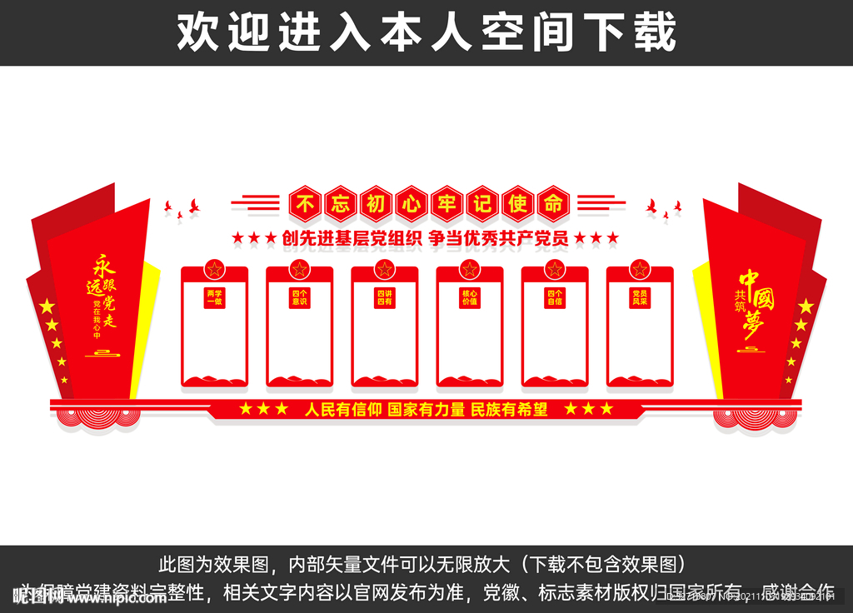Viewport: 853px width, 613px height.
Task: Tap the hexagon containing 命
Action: [x=551, y=202]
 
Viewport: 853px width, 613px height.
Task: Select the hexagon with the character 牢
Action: [x=446, y=202]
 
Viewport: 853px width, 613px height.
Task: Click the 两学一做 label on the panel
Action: [x=215, y=297]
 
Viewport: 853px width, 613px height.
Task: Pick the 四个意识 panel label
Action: [x=300, y=297]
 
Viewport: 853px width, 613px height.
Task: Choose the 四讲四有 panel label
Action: [x=385, y=297]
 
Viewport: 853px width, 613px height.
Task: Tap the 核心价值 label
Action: [x=470, y=297]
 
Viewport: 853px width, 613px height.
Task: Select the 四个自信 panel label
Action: [x=555, y=297]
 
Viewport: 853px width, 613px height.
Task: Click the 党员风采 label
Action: [x=640, y=297]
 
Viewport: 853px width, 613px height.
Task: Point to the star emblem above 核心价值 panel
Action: [x=470, y=269]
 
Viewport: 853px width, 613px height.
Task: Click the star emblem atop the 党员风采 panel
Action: [x=640, y=269]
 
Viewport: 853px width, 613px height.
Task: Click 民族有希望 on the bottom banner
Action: [x=509, y=409]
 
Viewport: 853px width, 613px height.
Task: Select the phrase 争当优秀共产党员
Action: [x=498, y=238]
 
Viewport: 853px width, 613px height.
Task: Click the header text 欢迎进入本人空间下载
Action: [x=426, y=32]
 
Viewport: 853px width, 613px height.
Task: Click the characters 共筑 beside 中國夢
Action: [x=739, y=301]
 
